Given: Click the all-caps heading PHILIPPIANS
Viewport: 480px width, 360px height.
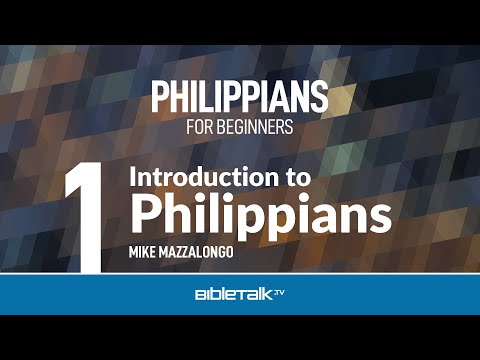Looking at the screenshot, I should click(x=240, y=97).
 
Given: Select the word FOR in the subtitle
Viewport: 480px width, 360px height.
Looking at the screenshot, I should click(x=199, y=128).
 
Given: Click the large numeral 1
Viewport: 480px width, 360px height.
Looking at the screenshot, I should click(x=82, y=216).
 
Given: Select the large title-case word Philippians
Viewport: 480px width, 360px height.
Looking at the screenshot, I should click(x=247, y=213).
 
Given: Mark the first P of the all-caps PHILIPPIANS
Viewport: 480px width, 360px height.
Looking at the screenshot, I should click(x=159, y=97).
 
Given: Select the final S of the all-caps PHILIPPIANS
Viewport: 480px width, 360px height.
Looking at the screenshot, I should click(x=320, y=97).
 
